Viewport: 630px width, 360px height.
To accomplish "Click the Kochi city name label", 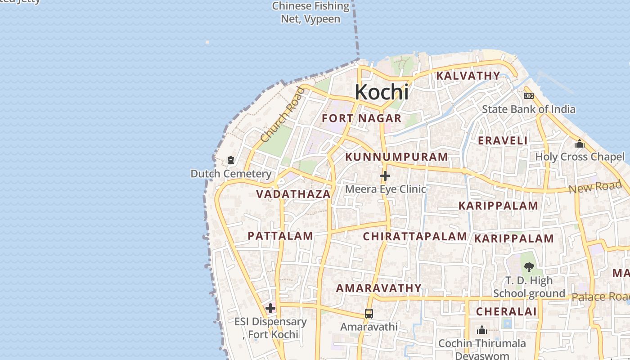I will pos(382,92).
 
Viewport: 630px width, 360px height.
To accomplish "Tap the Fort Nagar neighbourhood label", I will pos(362,118).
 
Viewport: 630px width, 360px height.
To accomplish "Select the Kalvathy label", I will pos(468,76).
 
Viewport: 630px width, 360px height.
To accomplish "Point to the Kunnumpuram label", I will pos(396,157).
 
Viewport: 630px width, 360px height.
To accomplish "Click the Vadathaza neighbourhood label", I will pos(293,194).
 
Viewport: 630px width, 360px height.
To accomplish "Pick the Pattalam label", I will pos(280,236).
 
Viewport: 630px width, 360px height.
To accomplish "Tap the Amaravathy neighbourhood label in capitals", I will pos(379,288).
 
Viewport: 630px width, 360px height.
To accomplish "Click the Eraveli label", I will pos(503,140).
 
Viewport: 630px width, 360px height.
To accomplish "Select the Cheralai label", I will pos(506,311).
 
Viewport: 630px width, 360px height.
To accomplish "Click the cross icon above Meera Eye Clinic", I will pos(385,176).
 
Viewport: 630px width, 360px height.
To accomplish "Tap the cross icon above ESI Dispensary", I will pos(270,308).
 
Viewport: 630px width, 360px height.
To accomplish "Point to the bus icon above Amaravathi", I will pos(369,314).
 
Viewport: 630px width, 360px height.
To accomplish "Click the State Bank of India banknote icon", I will pos(529,96).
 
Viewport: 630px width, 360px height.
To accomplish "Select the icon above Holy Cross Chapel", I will pos(580,144).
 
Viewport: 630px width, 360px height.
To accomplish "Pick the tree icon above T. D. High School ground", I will pos(529,267).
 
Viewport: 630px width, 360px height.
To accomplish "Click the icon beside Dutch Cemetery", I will pos(231,160).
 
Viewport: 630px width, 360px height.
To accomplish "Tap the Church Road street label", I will pos(283,115).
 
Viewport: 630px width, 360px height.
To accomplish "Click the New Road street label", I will pos(595,186).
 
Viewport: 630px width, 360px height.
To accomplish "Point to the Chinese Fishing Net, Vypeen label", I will pos(310,13).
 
